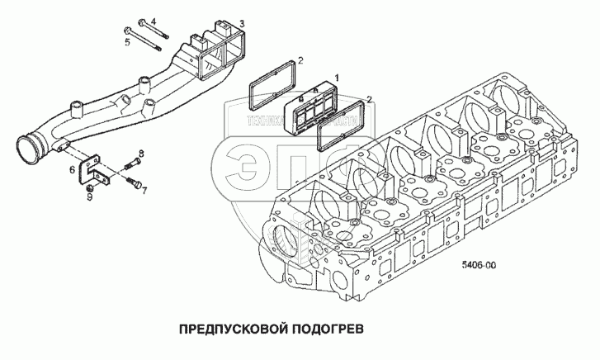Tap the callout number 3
240,22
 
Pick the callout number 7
144,191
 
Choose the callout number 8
141,154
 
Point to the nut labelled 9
90,187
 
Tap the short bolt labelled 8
130,164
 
